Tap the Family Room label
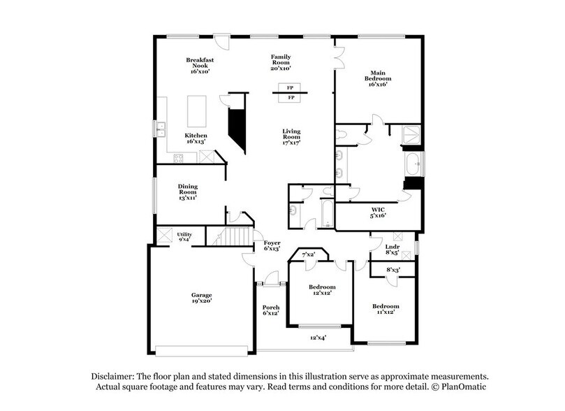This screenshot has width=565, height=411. point(281,62)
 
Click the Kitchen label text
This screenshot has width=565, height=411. point(196,136)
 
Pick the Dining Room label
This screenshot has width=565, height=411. point(187,190)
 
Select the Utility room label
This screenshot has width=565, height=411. point(184,236)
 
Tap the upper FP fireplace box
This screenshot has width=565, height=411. point(289,88)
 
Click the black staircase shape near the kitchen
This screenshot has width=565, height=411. point(239,127)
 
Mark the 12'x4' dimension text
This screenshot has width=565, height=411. point(318,338)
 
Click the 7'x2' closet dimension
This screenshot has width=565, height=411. point(308,254)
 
